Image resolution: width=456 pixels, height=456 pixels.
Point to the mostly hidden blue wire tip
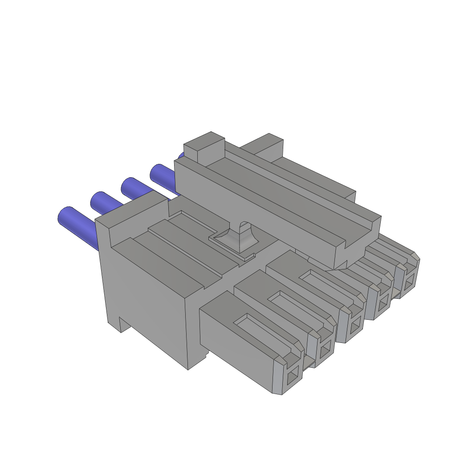[181, 156]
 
